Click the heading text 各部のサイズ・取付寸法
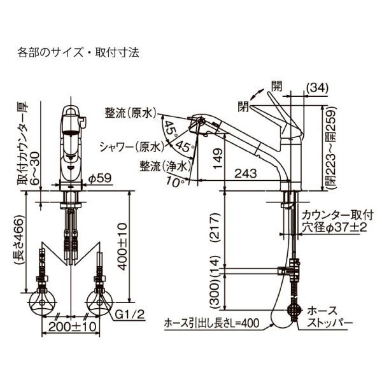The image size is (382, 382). click(x=78, y=52)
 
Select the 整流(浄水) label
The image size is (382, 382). click(x=164, y=166)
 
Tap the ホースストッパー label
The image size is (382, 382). click(x=329, y=316)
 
